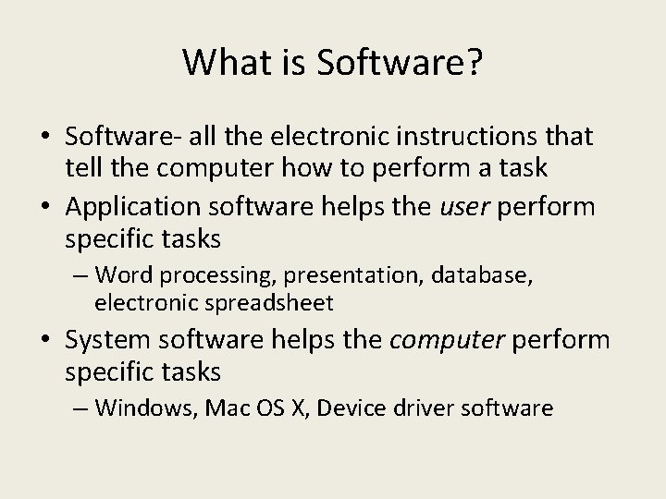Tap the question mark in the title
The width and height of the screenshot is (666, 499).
[473, 62]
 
